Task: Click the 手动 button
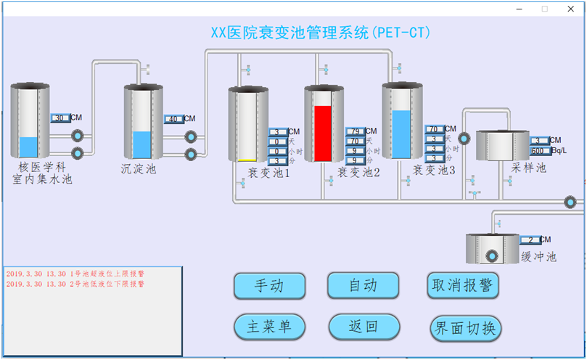click(x=269, y=285)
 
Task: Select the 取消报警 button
click(x=464, y=285)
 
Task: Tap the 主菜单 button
click(x=269, y=327)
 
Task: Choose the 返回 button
click(x=364, y=327)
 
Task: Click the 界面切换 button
click(x=464, y=327)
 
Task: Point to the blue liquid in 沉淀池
click(x=142, y=145)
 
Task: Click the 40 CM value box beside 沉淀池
click(x=173, y=119)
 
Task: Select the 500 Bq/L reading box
click(x=541, y=151)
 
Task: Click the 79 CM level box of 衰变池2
click(x=355, y=131)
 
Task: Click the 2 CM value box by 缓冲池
click(x=530, y=240)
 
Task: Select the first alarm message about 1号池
click(x=75, y=274)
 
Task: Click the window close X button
click(x=570, y=9)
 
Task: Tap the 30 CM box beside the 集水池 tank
click(x=61, y=118)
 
